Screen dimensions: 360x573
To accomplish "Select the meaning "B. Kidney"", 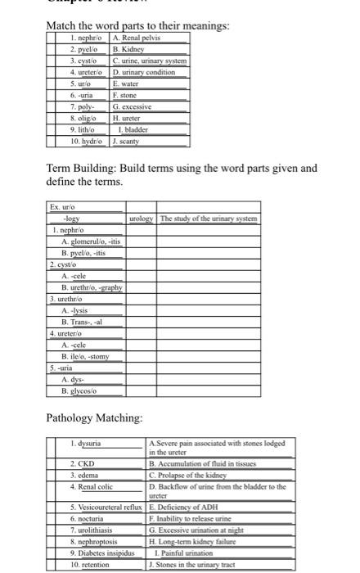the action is [129, 49].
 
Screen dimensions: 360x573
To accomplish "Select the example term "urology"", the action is [142, 219].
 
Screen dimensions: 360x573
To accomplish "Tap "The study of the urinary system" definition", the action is [209, 219].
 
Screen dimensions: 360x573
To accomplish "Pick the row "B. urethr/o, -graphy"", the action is [88, 287].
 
